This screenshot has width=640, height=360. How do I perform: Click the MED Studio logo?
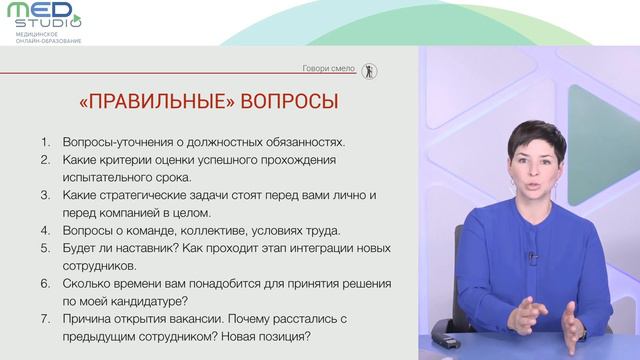[x=44, y=16]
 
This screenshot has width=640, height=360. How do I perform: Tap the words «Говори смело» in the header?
[x=329, y=68]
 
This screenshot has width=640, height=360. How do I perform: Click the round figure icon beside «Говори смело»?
[x=369, y=71]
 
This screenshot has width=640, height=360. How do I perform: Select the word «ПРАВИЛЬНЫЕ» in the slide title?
[x=158, y=101]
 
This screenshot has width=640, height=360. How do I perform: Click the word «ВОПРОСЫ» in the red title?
[x=289, y=101]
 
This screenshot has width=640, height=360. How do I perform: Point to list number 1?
[x=45, y=142]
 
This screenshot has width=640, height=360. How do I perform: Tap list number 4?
[x=45, y=230]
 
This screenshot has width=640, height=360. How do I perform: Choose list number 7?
[x=45, y=318]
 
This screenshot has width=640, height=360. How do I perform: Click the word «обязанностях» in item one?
[x=305, y=142]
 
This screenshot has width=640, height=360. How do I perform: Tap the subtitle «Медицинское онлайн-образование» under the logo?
[x=49, y=38]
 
